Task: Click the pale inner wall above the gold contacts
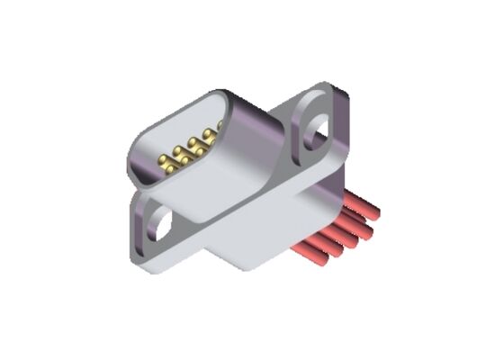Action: click(180, 126)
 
